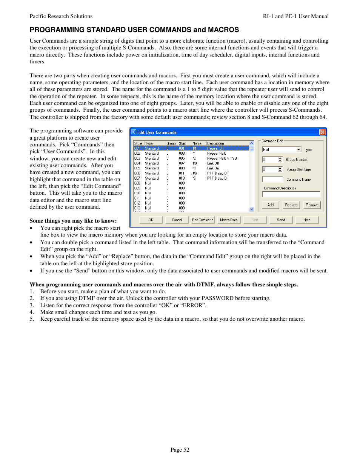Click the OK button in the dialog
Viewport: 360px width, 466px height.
(151, 220)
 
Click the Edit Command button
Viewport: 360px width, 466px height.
(203, 220)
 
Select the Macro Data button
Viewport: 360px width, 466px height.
(229, 220)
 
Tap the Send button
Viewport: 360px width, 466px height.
(281, 220)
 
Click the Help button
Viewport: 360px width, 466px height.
(307, 220)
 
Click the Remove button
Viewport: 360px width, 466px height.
(312, 205)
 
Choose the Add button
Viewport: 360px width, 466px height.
(271, 205)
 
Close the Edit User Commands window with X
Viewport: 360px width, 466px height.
(322, 132)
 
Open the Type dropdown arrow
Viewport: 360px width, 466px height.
(298, 149)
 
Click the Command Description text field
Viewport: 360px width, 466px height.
(291, 194)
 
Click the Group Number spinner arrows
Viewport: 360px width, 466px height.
(280, 160)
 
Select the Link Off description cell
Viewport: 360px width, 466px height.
(213, 163)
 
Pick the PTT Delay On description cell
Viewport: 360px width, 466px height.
(218, 178)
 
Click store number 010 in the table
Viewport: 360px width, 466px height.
(137, 193)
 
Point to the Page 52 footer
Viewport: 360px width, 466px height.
(180, 450)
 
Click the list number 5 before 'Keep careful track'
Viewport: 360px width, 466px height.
(32, 319)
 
